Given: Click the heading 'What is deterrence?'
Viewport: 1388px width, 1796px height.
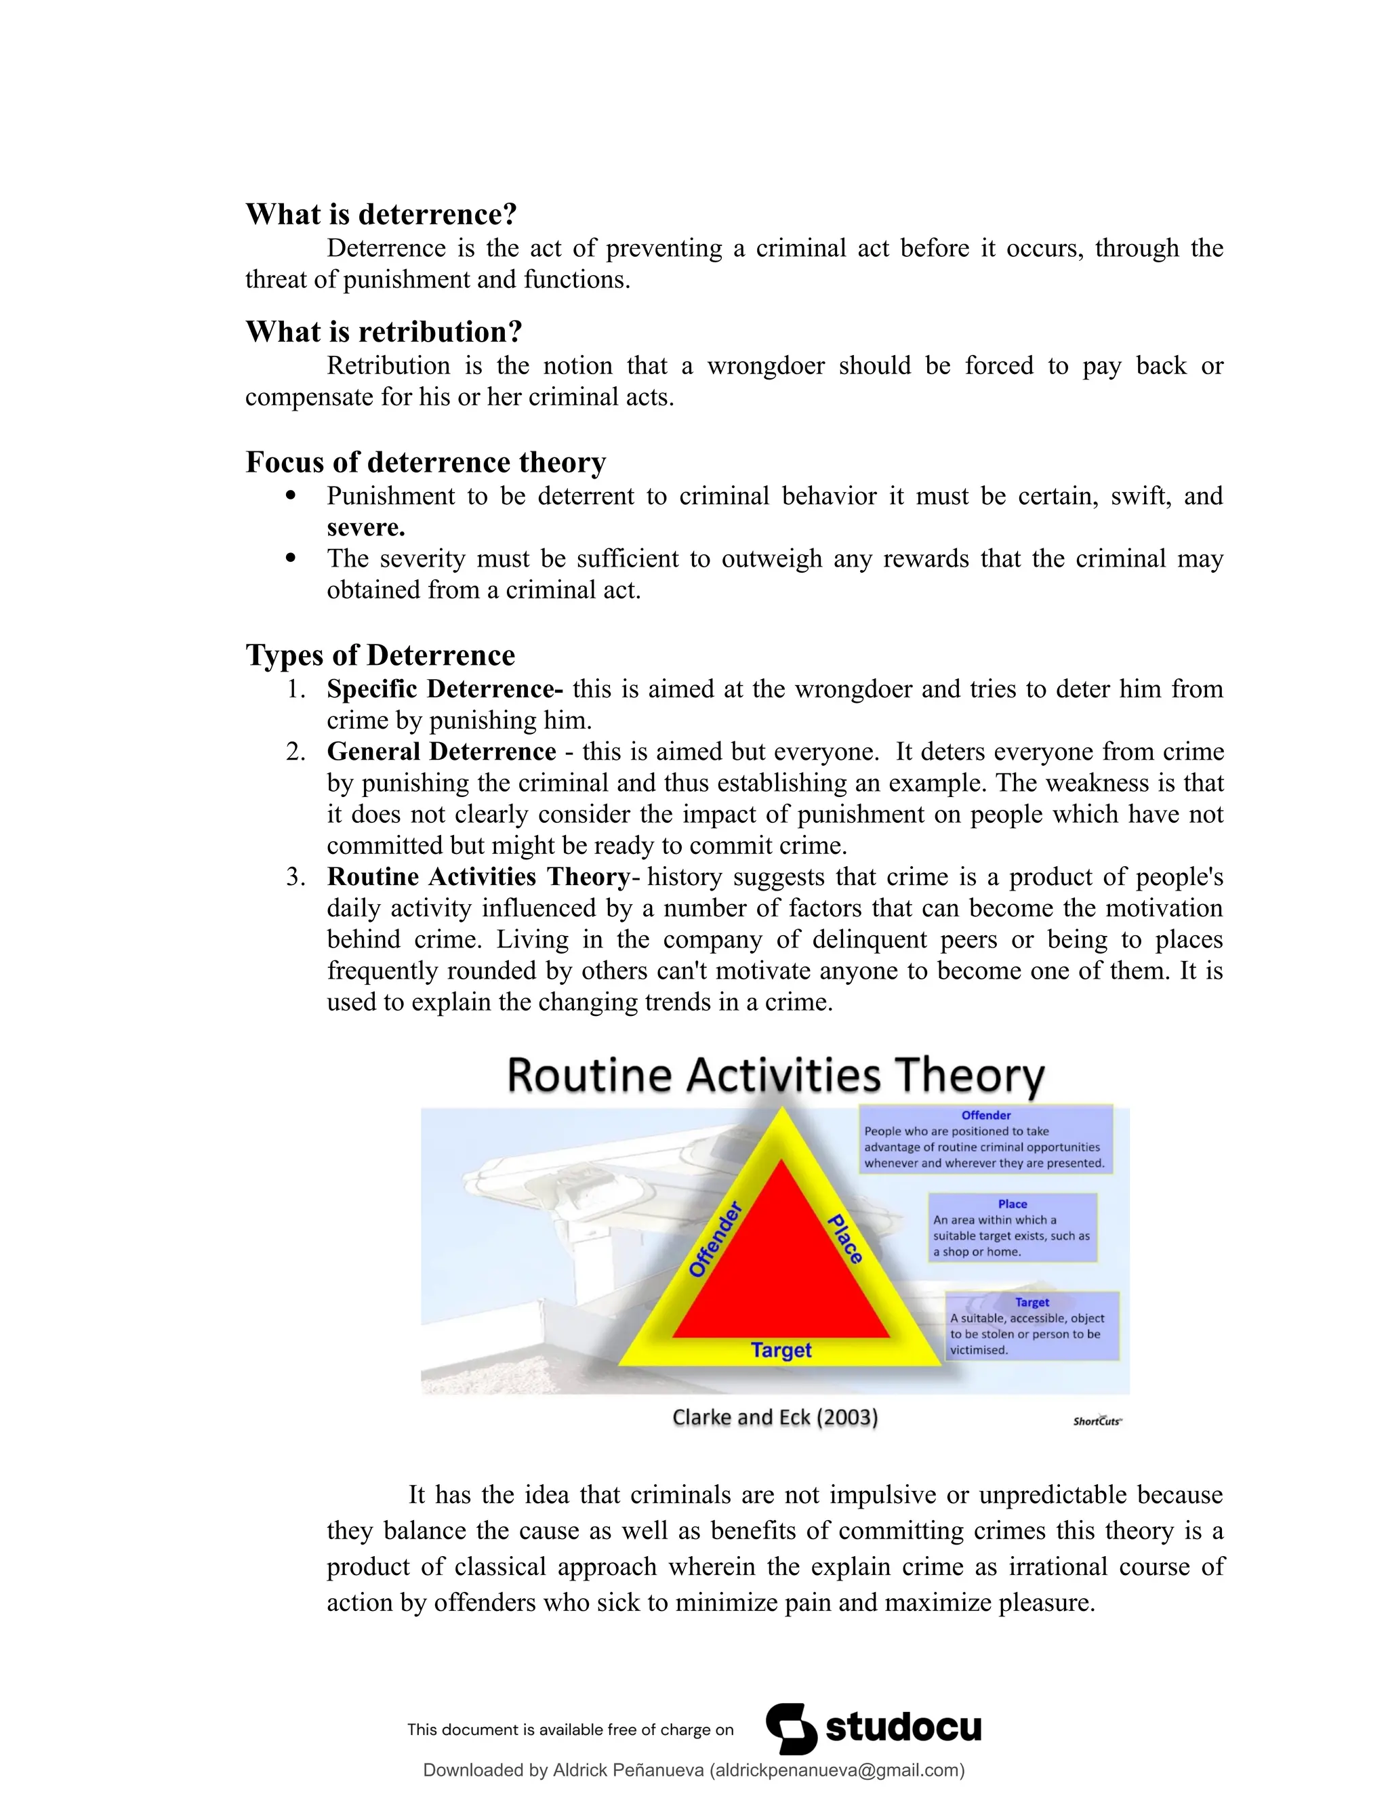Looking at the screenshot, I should click(382, 215).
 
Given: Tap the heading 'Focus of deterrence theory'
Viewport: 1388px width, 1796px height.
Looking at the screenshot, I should click(426, 462).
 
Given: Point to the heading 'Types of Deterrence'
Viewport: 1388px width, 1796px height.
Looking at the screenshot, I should click(381, 655).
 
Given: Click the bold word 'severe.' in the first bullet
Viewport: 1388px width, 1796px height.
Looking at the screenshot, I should click(366, 527).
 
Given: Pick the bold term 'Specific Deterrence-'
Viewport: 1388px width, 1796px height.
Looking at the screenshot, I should click(445, 689).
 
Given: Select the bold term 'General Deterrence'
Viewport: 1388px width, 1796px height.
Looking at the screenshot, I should click(442, 752).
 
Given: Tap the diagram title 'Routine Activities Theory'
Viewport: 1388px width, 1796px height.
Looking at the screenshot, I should click(775, 1076).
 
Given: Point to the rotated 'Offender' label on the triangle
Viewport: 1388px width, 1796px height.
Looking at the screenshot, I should click(716, 1240).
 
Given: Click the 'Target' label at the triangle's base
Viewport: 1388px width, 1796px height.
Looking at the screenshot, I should click(781, 1350).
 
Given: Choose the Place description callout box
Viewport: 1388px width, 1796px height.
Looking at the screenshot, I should click(1013, 1228).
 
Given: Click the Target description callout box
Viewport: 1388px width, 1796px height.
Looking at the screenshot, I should click(1032, 1326).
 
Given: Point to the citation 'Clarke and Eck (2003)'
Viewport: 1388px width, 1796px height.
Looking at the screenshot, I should click(775, 1417).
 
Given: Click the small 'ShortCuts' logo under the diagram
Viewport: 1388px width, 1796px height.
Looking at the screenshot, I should click(1097, 1421).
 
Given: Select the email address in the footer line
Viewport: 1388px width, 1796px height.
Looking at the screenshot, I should click(836, 1770).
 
